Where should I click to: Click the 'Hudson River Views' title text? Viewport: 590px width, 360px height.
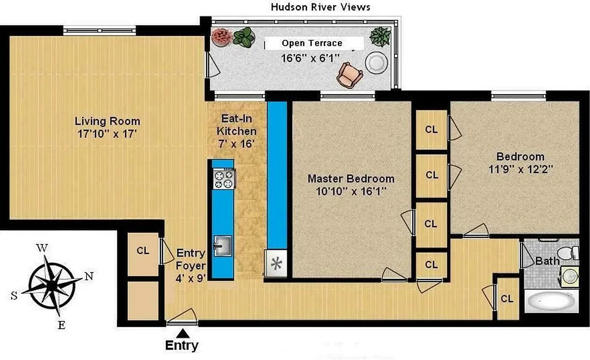(320, 7)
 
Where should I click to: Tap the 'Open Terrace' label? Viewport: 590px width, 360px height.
(312, 43)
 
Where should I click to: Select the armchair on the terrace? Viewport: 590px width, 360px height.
(349, 75)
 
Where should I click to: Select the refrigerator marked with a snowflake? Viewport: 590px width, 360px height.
(276, 263)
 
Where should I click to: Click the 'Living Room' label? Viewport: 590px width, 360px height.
(107, 121)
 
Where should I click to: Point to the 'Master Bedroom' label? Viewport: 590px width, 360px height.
(351, 179)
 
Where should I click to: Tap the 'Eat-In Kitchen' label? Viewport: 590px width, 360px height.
(236, 125)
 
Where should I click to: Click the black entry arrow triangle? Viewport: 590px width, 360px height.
(182, 333)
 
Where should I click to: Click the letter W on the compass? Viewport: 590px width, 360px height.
(42, 248)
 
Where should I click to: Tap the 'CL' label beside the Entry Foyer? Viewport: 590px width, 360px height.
(143, 251)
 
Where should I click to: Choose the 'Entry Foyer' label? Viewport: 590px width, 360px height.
(191, 259)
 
